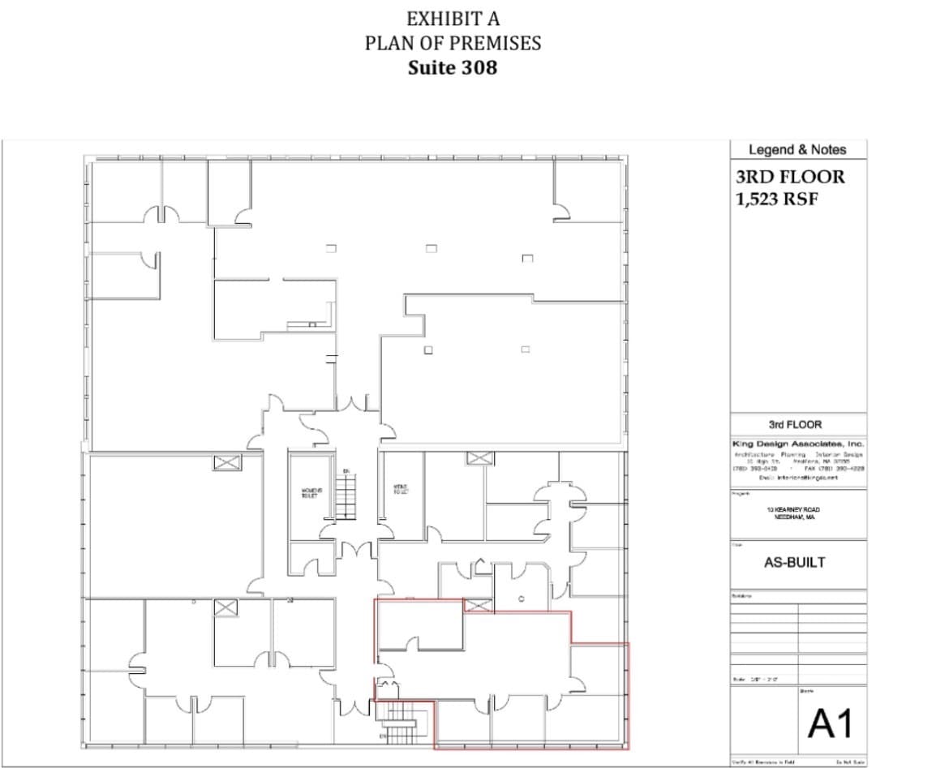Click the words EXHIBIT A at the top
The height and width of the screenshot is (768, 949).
(x=453, y=19)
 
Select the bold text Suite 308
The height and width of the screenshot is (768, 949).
(x=453, y=67)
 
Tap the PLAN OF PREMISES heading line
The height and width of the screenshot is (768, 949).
(x=453, y=43)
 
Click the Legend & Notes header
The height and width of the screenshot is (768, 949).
(x=797, y=150)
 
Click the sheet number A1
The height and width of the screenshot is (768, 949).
(x=831, y=723)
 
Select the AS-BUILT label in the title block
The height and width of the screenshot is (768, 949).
(x=795, y=562)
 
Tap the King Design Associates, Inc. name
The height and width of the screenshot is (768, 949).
(x=798, y=444)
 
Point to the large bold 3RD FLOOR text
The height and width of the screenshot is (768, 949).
(x=789, y=177)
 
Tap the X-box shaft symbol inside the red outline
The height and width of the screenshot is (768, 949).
(x=478, y=604)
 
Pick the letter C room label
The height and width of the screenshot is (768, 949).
(x=522, y=598)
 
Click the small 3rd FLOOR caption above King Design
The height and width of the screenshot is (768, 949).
(x=795, y=425)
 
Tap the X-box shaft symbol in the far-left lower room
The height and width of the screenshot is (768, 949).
(x=226, y=607)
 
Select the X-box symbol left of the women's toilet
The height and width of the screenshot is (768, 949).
(x=227, y=462)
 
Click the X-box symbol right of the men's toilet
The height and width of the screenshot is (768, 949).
(x=479, y=458)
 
